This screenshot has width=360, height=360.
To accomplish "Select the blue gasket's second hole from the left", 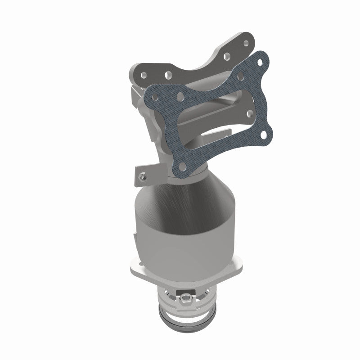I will [x=180, y=96].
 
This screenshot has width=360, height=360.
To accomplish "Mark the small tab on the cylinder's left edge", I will [x=136, y=236].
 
